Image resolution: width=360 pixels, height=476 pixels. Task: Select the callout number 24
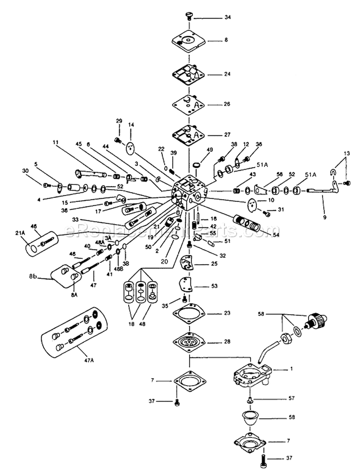coord(228,74)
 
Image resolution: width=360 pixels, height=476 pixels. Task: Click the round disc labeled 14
coord(130,148)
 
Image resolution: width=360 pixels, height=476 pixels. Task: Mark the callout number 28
coord(227,341)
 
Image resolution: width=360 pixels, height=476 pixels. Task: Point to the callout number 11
coord(56,143)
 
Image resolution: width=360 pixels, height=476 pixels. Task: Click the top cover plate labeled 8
coord(189,41)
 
